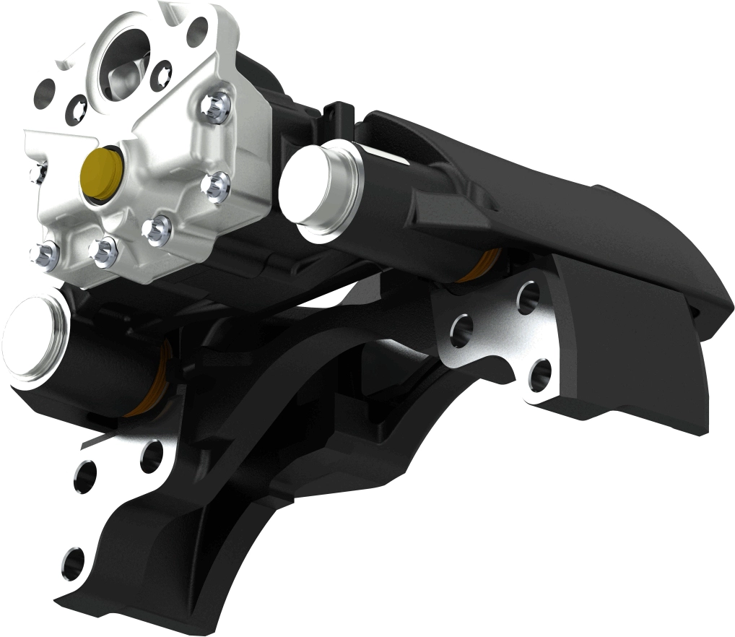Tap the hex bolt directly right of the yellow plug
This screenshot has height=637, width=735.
214,186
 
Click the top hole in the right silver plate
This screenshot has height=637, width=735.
529,294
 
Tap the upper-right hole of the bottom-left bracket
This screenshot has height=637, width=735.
151,456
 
